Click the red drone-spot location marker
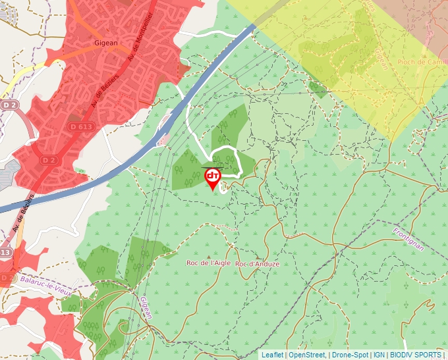pos(213,177)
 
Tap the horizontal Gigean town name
pos(105,43)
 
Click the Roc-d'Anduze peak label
pos(257,264)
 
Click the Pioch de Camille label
pos(422,62)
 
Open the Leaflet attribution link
pos(272,355)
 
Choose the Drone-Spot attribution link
pos(350,355)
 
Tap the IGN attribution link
pos(379,355)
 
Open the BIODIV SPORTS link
pos(415,355)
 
